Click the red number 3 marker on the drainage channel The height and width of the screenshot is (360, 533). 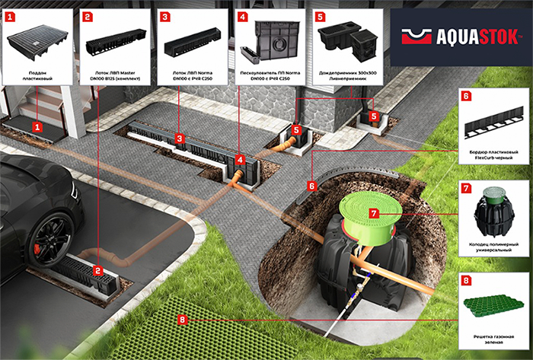click(x=178, y=139)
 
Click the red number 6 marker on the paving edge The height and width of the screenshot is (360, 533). click(x=312, y=185)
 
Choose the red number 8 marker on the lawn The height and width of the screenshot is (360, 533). click(x=181, y=320)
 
